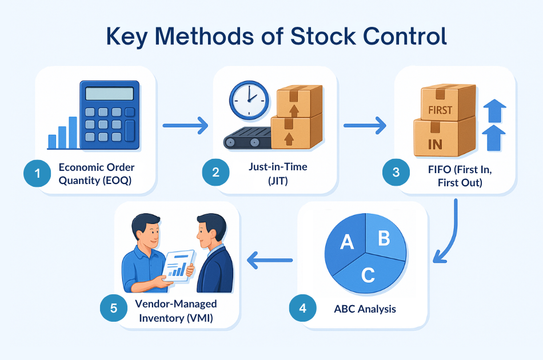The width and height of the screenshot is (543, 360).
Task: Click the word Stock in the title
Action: pos(323,36)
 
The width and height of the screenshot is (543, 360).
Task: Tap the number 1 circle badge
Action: pos(37,173)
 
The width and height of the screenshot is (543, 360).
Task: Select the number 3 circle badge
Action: pos(396,172)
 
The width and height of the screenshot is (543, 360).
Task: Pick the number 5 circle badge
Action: pos(114,308)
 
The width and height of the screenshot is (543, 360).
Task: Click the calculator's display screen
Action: pos(109,94)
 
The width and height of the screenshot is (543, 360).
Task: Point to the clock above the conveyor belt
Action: pos(249,101)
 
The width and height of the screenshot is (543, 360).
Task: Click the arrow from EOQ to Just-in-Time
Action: pos(185,125)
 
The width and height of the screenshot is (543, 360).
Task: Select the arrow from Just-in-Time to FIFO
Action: pos(365,125)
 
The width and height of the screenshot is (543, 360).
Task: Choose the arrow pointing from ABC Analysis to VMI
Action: pos(270,260)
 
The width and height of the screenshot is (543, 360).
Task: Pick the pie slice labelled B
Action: pos(385,237)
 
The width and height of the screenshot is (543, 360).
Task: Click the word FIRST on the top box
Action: pos(440,110)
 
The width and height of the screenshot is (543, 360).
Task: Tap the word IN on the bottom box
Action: pos(435,145)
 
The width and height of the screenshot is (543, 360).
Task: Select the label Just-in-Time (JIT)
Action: pos(278,173)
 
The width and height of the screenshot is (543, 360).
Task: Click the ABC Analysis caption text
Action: pos(365,309)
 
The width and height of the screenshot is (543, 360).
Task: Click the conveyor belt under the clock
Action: pos(247,138)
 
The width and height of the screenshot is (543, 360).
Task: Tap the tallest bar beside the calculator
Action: pos(73,133)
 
